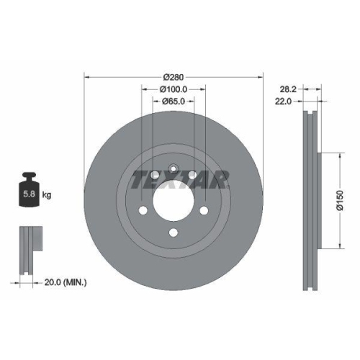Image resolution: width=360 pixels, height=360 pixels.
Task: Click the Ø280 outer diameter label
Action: pos(174,77)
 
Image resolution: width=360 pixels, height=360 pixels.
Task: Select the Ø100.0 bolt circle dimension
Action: pos(174,89)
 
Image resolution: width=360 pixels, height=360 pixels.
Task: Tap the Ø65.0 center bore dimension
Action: pos(174,101)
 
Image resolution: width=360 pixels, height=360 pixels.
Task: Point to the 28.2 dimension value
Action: pos(289,89)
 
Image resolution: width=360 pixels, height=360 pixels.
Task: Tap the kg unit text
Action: pos(47,194)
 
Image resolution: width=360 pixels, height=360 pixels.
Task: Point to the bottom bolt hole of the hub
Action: pos(174,233)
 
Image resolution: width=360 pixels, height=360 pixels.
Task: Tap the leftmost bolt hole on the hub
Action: pos(143,210)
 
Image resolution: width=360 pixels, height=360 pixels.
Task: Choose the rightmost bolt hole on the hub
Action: pos(204,210)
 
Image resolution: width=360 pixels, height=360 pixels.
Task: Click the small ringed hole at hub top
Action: pos(174,170)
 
